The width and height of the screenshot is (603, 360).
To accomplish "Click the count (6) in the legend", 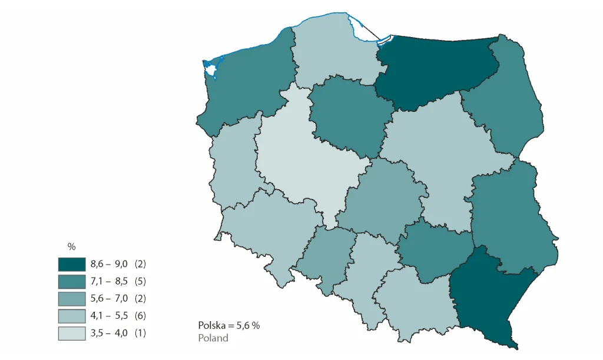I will pos(140,316).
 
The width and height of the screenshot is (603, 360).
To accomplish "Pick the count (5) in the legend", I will pos(140,281).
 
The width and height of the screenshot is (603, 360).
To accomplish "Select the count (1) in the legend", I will pos(140,333).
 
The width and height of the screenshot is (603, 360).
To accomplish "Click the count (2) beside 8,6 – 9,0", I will pos(140,263).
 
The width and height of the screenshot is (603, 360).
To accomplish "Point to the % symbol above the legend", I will pos(72,247).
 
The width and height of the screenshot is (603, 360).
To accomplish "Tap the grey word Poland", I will pos(213,338).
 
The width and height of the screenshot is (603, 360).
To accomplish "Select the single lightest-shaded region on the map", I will pos(300,153).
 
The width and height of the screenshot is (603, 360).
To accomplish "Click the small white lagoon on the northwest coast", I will pos(210,70).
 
